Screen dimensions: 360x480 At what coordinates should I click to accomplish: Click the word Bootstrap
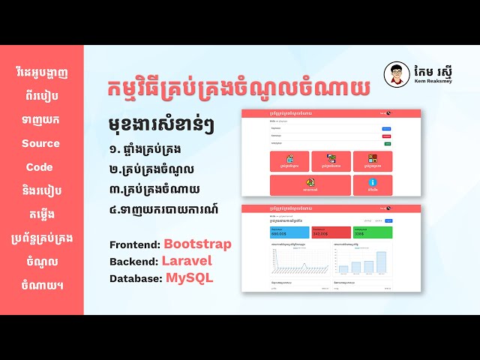click(197, 244)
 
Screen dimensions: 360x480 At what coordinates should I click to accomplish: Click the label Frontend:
click(134, 245)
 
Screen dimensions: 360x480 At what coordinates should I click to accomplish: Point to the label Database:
click(136, 278)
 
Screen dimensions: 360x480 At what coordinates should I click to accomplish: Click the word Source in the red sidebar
click(40, 143)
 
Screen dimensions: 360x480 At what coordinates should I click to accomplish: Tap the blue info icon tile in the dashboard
click(373, 184)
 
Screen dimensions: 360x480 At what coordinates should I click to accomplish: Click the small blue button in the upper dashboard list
click(386, 129)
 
